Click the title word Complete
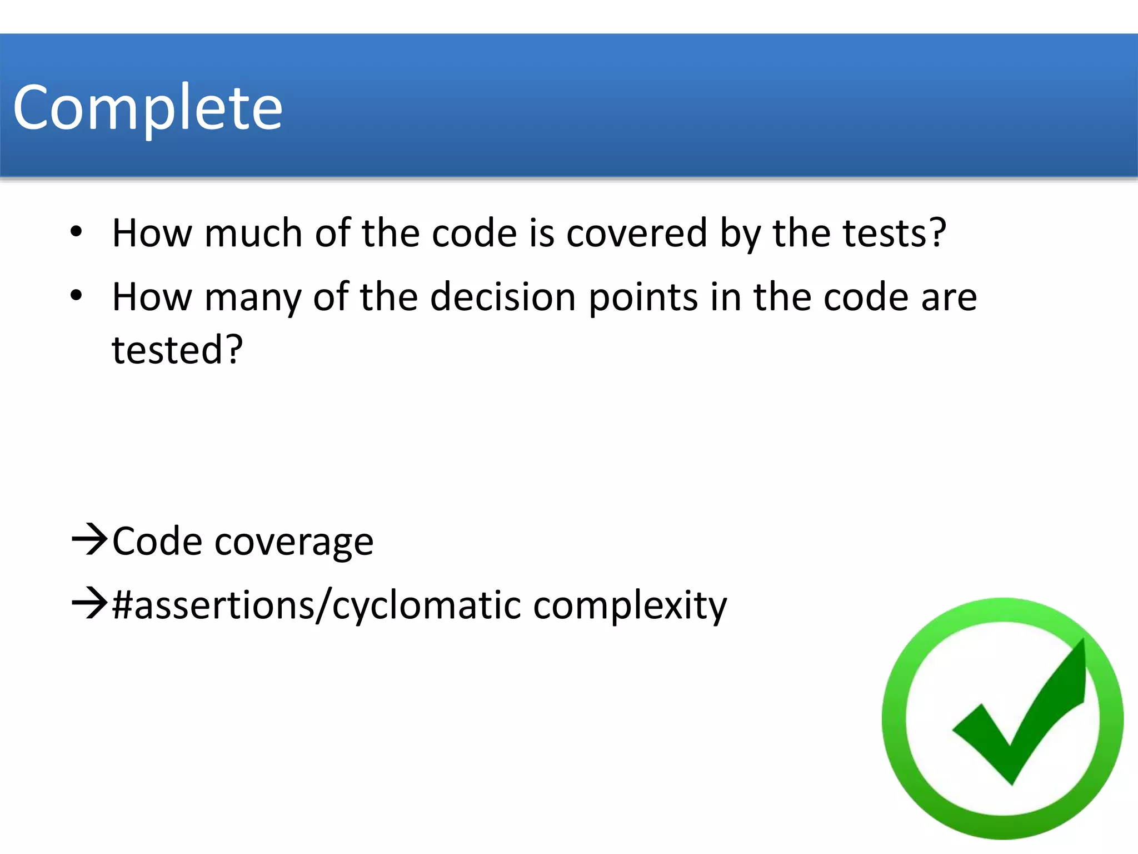coord(148,107)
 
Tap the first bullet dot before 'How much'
coord(77,231)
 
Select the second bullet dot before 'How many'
coord(77,296)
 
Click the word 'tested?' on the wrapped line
coord(177,350)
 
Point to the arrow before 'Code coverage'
coord(89,539)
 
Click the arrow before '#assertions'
coord(89,604)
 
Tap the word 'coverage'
coord(294,543)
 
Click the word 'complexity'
coord(630,606)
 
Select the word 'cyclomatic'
coord(426,606)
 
